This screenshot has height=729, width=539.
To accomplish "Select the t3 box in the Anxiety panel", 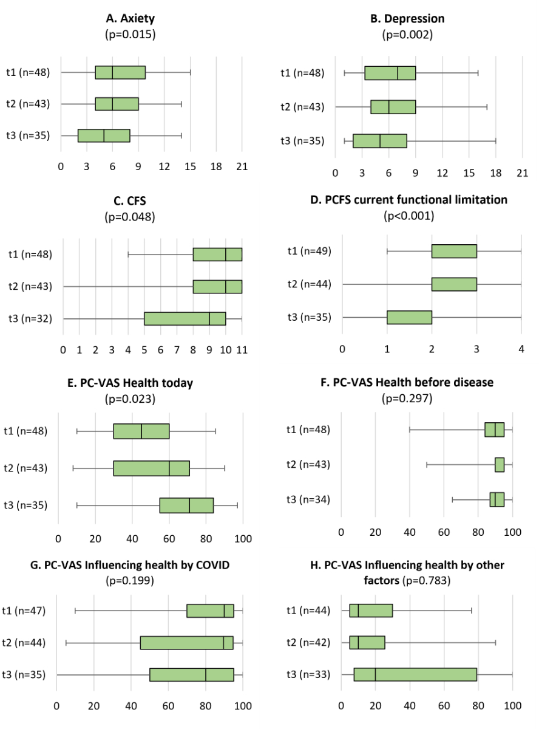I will click(x=104, y=135).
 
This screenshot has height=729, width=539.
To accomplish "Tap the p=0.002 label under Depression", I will click(x=407, y=35).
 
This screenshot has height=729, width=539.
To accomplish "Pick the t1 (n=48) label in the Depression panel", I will click(x=302, y=73).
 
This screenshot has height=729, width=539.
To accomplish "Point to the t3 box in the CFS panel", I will click(x=185, y=319).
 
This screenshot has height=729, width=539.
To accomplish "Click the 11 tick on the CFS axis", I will click(x=242, y=350).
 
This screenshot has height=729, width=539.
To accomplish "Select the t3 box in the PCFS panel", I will click(x=409, y=317).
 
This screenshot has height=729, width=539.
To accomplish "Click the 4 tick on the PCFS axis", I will click(x=521, y=348).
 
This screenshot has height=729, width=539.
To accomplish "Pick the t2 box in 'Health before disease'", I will click(x=500, y=465).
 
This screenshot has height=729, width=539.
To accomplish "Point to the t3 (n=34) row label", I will click(x=307, y=499).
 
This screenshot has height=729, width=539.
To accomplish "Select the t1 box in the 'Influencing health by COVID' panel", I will click(x=210, y=611).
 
